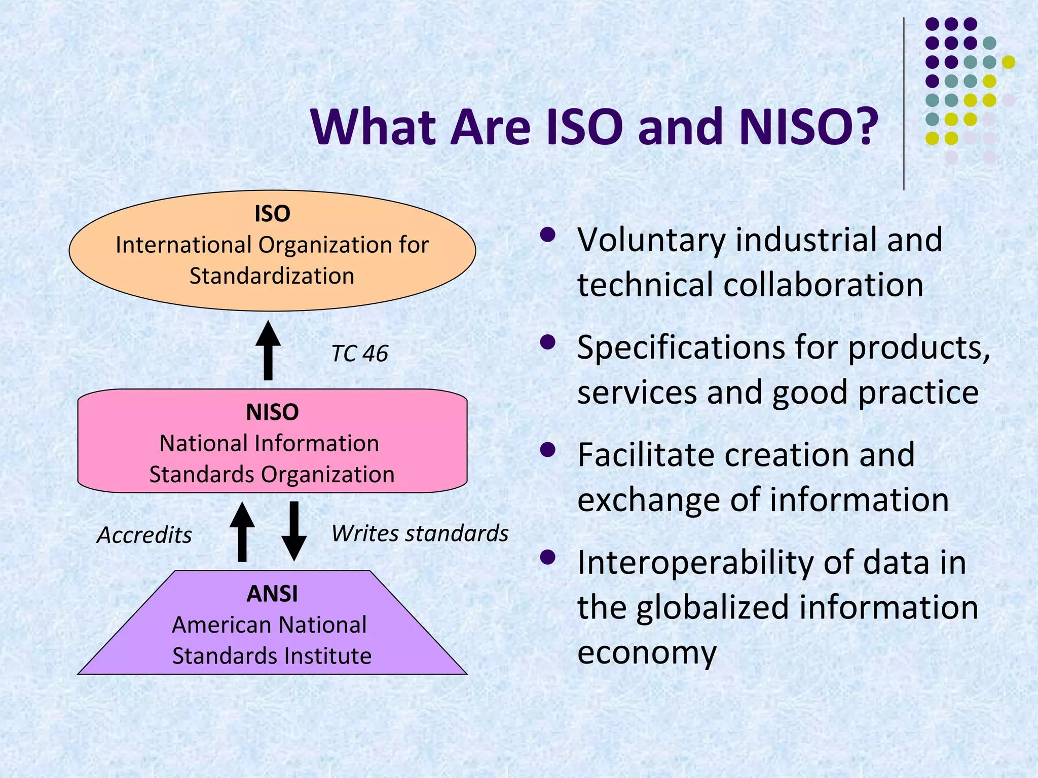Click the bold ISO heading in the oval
pyautogui.click(x=272, y=213)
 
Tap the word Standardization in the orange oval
pyautogui.click(x=272, y=276)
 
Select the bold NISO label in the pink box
pyautogui.click(x=272, y=412)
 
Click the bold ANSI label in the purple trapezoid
pyautogui.click(x=272, y=594)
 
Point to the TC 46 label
pyautogui.click(x=359, y=353)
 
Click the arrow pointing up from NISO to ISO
pyautogui.click(x=268, y=350)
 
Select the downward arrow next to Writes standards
pyautogui.click(x=294, y=531)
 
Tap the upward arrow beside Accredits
pyautogui.click(x=242, y=532)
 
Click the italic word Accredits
pyautogui.click(x=144, y=535)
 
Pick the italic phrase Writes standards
pyautogui.click(x=420, y=533)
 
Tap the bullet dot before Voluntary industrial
pyautogui.click(x=547, y=235)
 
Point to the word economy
pyautogui.click(x=647, y=652)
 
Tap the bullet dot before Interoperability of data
pyautogui.click(x=547, y=558)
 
